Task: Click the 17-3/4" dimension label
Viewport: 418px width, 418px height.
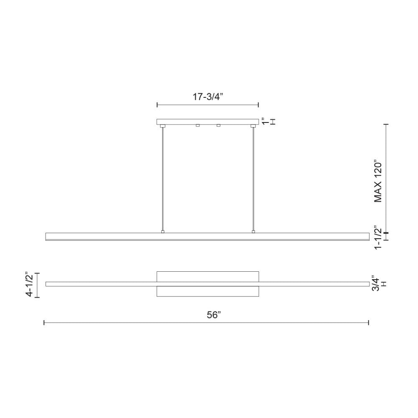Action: point(208,97)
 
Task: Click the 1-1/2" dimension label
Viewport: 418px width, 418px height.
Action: point(378,237)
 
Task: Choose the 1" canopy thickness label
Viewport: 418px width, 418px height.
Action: point(264,122)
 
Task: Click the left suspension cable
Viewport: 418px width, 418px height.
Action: point(163,180)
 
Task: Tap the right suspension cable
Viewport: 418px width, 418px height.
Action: point(253,180)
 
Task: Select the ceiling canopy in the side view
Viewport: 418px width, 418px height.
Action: point(208,122)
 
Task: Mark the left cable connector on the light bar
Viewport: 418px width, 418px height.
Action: point(163,231)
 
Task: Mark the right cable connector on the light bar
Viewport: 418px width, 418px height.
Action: point(253,231)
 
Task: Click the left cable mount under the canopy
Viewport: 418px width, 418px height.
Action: point(163,126)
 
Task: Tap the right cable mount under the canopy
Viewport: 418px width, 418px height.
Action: point(252,126)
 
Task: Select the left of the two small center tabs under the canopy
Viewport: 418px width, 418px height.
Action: point(198,125)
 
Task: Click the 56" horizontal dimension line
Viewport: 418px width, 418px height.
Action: point(125,322)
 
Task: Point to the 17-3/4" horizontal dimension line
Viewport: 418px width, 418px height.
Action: point(208,104)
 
